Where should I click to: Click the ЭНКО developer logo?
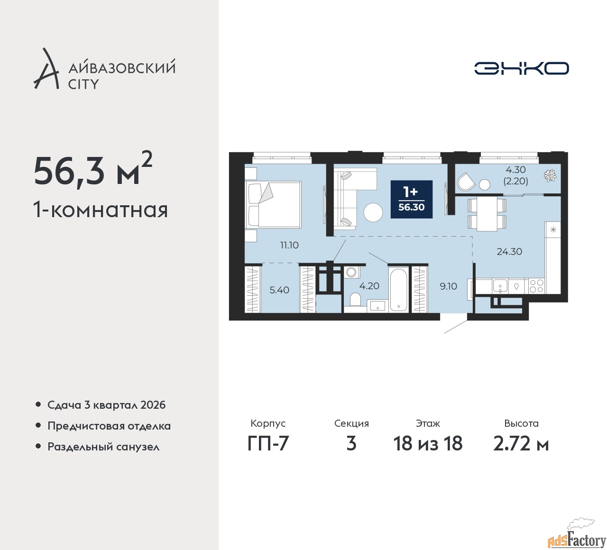pos(521,68)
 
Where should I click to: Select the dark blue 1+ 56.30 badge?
pos(412,199)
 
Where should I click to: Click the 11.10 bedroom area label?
pos(289,245)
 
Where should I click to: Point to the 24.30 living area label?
pos(509,251)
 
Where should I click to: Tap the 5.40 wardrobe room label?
pos(279,290)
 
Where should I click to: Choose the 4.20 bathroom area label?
pos(369,285)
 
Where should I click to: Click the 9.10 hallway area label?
pos(448,286)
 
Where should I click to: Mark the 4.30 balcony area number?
pos(515,169)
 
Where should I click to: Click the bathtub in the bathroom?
pos(398,290)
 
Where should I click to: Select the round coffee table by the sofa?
pos(373,212)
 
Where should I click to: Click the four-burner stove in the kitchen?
pos(536,286)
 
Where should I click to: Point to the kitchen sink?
pos(500,286)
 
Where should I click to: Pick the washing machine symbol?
pos(351,272)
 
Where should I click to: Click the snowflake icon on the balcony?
pos(550,176)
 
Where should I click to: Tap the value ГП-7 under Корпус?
pos(268,443)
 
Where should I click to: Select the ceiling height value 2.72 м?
pos(521,444)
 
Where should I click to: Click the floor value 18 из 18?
pos(428,443)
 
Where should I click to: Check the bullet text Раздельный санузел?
pos(103,447)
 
